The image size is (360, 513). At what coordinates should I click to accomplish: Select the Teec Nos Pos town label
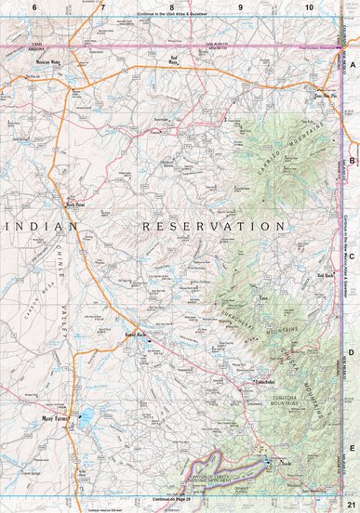(x=324, y=95)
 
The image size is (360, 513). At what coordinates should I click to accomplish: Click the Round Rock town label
(x=138, y=336)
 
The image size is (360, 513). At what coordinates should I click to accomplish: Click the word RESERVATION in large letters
(x=213, y=226)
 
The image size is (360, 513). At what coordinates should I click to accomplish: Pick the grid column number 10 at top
(x=309, y=7)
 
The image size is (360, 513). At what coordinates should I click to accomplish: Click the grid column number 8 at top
(x=171, y=7)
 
